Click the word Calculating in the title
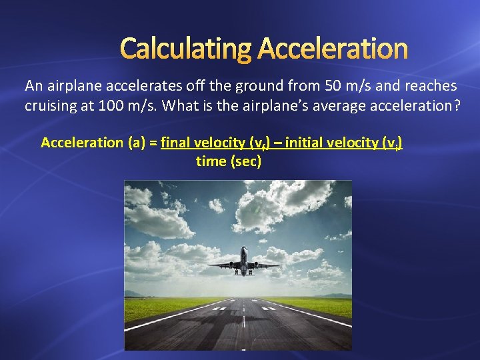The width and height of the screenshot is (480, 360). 185,48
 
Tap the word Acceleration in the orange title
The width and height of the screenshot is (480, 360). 332,48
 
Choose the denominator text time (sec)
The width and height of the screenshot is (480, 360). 229,161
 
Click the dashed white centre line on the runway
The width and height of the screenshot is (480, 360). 244,320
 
